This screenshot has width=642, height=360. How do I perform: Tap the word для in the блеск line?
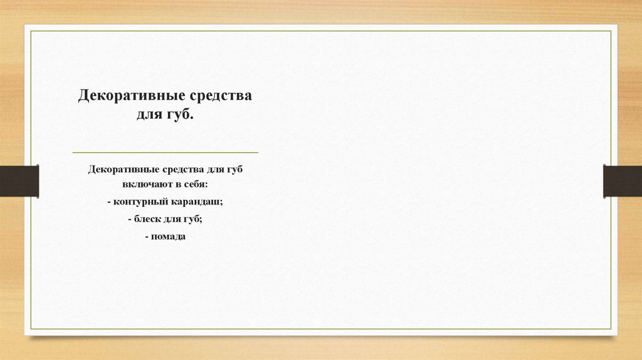pyautogui.click(x=174, y=220)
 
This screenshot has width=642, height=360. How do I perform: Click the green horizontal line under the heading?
pyautogui.click(x=165, y=152)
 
